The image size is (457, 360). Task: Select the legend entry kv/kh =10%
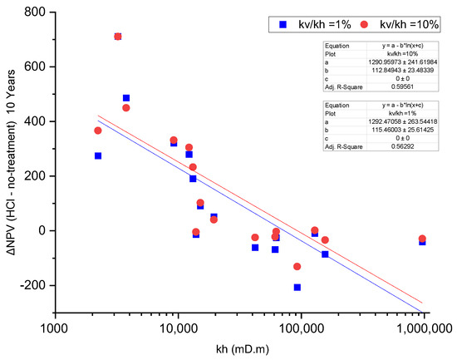click(391, 24)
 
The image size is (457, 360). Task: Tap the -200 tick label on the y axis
click(32, 285)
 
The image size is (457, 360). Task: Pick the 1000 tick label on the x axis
click(55, 328)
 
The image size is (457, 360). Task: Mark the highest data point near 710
click(118, 37)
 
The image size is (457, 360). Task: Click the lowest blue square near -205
click(297, 287)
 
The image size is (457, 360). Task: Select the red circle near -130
click(297, 266)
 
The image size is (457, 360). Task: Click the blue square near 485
click(126, 98)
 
